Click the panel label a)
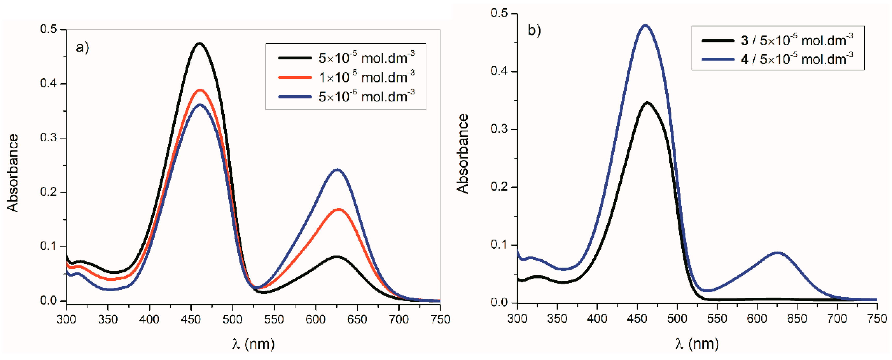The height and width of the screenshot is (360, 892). click(x=82, y=47)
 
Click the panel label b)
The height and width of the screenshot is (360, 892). click(x=534, y=30)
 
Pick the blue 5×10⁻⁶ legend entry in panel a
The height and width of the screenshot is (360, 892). click(x=346, y=96)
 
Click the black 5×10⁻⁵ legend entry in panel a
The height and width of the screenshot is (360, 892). click(x=346, y=58)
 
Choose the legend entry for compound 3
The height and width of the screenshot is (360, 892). click(x=777, y=40)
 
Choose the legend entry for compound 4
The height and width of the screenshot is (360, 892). click(x=777, y=59)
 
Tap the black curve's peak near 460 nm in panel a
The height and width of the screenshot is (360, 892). click(x=199, y=43)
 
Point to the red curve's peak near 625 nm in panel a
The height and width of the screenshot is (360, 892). click(x=338, y=209)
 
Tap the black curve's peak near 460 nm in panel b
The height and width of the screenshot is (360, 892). click(x=647, y=102)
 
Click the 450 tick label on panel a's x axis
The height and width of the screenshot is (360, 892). click(x=191, y=319)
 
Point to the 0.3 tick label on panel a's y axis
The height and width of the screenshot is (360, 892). click(x=48, y=138)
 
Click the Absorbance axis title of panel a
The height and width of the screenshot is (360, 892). click(x=13, y=173)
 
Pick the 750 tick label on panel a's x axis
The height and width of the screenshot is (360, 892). click(x=440, y=319)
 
